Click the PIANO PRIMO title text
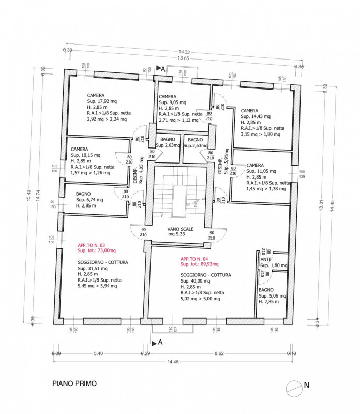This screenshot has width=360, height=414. coord(74,385)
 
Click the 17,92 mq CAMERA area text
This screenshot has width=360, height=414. coord(102,101)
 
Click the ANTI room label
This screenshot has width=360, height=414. coord(265,259)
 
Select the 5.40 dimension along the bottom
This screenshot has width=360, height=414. coord(98,353)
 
